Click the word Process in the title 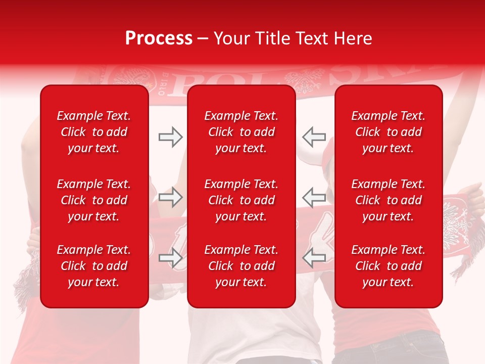159,38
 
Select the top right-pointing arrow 170,136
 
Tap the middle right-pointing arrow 170,197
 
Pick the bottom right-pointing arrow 170,258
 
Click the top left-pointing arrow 314,136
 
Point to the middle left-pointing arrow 314,197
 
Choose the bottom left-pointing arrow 314,258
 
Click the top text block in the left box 94,132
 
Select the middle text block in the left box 94,200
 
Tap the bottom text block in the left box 94,266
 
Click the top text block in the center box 241,132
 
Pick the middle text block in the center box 241,200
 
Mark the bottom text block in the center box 241,266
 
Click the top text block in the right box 388,132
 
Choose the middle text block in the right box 388,200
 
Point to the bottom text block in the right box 388,266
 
